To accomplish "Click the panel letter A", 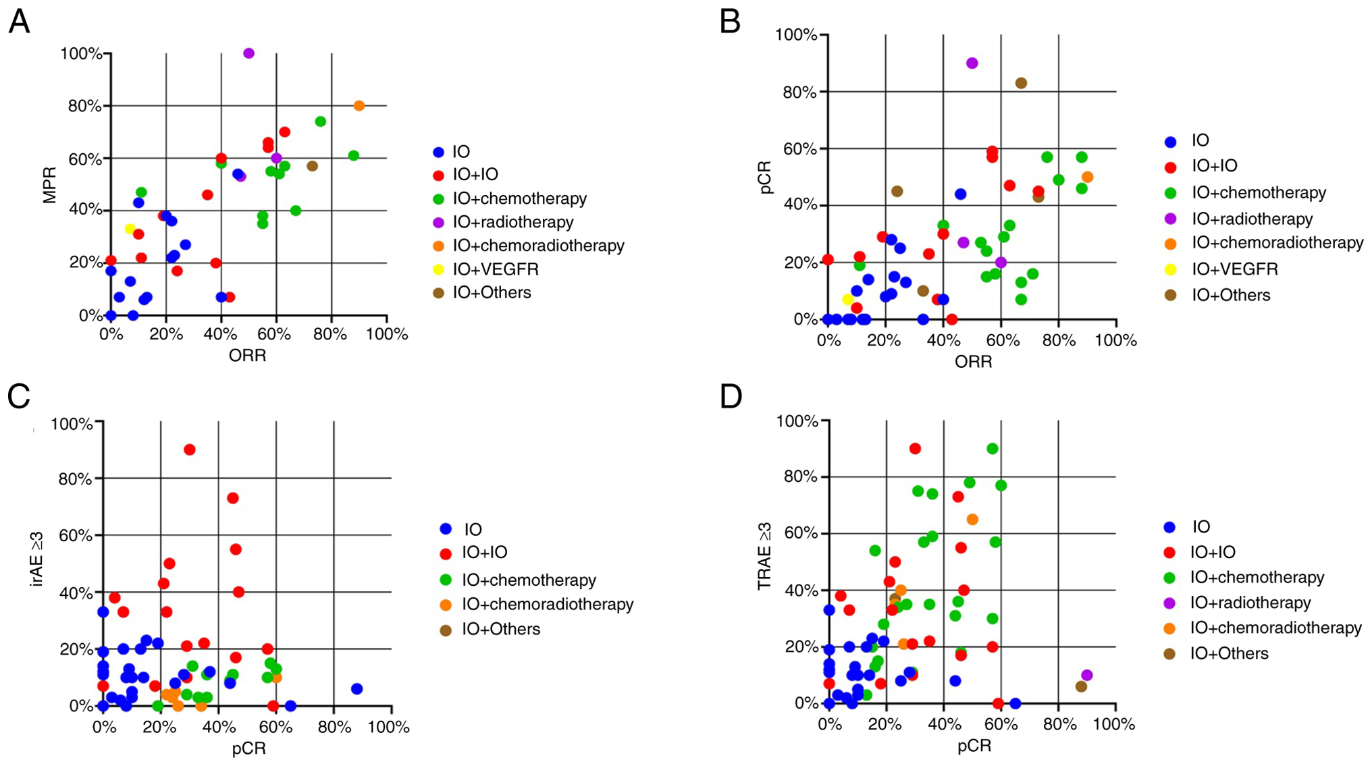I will point(19,22).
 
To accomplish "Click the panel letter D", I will point(731,396).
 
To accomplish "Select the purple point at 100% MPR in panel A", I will point(248,53).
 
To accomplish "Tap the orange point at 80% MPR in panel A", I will point(359,106).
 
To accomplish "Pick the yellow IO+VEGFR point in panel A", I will point(130,229).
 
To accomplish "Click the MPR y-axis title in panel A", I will point(49,185).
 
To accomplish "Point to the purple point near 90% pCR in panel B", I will point(972,63).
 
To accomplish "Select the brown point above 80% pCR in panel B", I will point(1021,83).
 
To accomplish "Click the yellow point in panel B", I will point(848,300).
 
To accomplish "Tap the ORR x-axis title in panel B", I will point(973,362).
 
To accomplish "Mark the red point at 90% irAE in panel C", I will point(190,449).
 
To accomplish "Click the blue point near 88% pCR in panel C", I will point(357,689).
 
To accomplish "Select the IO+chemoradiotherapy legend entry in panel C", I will point(547,604).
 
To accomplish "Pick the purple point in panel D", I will point(1087,676).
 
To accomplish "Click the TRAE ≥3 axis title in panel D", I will point(764,556).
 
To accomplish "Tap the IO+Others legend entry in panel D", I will point(1229,653).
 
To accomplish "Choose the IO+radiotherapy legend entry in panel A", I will point(512,222).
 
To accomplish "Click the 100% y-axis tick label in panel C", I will point(72,424).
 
